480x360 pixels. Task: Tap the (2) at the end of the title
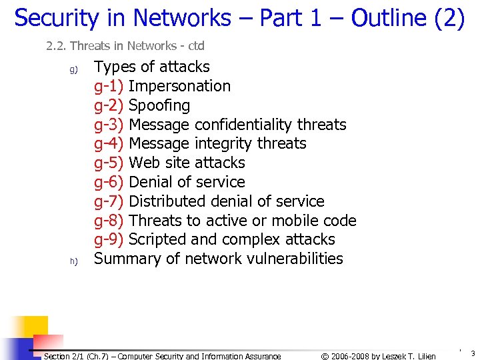pyautogui.click(x=449, y=18)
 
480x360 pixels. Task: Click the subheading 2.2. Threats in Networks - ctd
pyautogui.click(x=125, y=46)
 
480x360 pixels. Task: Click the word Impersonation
pyautogui.click(x=179, y=86)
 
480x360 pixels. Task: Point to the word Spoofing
pyautogui.click(x=159, y=105)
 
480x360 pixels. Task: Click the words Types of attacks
pyautogui.click(x=152, y=67)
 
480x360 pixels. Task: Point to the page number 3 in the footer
pyautogui.click(x=472, y=353)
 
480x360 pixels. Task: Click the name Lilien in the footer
pyautogui.click(x=424, y=356)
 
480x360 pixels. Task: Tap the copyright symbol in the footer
pyautogui.click(x=325, y=356)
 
